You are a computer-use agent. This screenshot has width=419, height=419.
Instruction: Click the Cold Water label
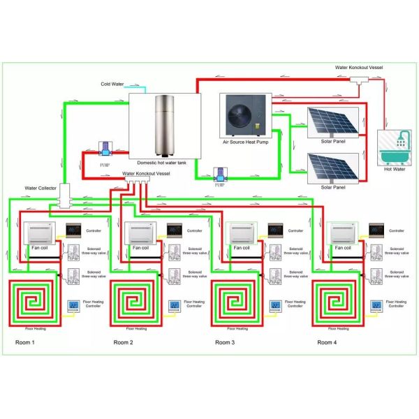pyautogui.click(x=112, y=84)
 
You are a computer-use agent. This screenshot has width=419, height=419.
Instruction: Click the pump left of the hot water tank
pyautogui.click(x=105, y=148)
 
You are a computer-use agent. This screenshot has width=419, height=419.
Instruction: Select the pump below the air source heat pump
pyautogui.click(x=221, y=175)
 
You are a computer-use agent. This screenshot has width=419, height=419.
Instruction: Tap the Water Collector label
pyautogui.click(x=41, y=188)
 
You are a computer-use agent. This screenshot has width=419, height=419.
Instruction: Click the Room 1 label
pyautogui.click(x=24, y=343)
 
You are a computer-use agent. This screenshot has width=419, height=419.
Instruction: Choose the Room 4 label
pyautogui.click(x=327, y=343)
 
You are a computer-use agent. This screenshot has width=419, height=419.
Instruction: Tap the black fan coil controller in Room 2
pyautogui.click(x=174, y=230)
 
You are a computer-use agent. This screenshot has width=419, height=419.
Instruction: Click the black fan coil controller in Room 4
pyautogui.click(x=376, y=230)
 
